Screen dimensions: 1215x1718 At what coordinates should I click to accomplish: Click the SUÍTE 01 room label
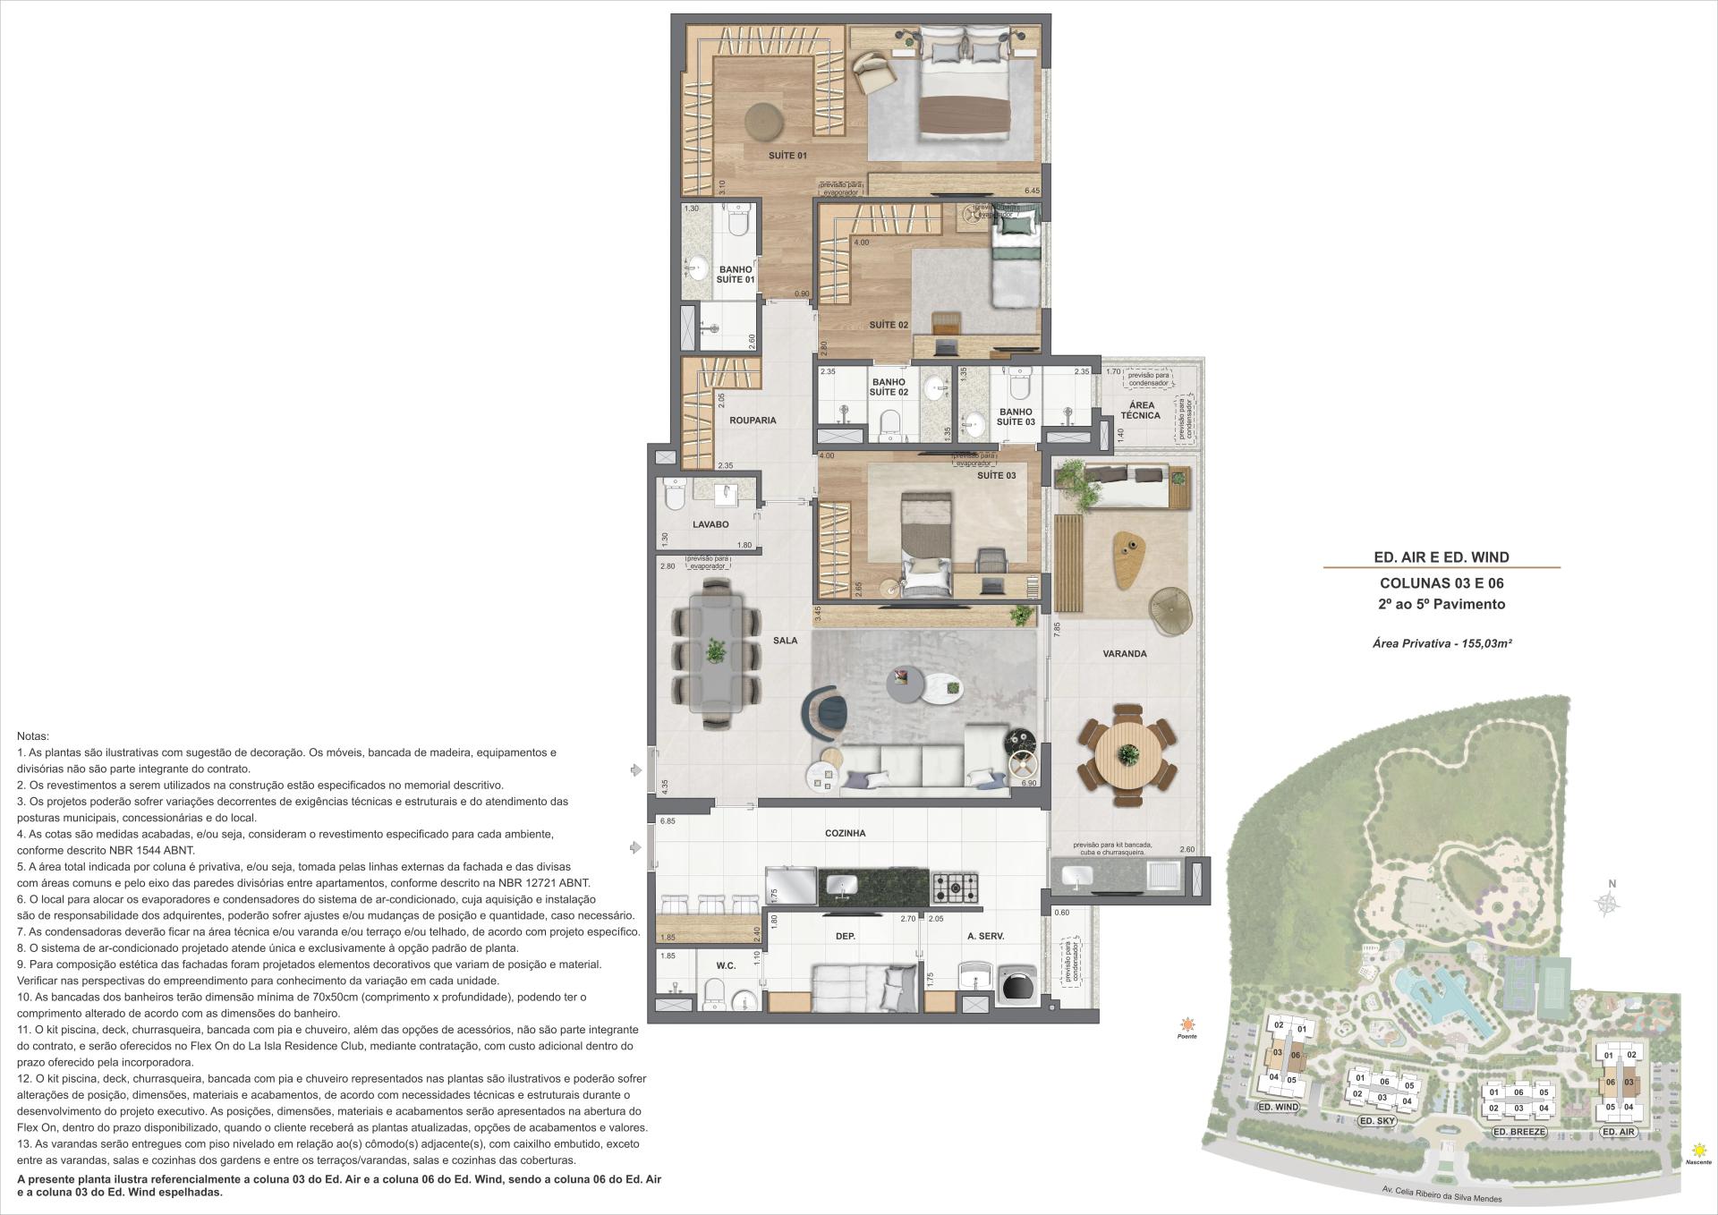[787, 156]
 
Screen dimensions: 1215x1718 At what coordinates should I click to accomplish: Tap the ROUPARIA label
[753, 420]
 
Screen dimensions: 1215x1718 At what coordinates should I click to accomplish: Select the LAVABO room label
[710, 524]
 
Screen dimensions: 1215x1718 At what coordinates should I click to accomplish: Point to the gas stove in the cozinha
[956, 888]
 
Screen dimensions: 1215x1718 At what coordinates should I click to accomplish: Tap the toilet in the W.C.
[715, 992]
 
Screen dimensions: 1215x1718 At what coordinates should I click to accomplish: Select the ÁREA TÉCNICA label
[1140, 410]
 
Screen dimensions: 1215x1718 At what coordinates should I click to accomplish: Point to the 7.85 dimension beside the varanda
[1057, 628]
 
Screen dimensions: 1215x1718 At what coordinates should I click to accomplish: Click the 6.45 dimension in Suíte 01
[1032, 191]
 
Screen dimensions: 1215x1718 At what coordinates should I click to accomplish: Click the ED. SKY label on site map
[1376, 1120]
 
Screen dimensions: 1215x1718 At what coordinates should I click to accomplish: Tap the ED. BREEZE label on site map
[1519, 1132]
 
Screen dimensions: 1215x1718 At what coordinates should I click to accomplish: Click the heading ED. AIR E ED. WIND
[1441, 557]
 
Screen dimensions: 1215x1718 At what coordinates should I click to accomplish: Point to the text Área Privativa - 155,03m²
[1442, 642]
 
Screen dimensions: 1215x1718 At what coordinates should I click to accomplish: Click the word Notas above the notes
[33, 735]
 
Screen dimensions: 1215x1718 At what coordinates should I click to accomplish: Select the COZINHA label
[845, 833]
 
